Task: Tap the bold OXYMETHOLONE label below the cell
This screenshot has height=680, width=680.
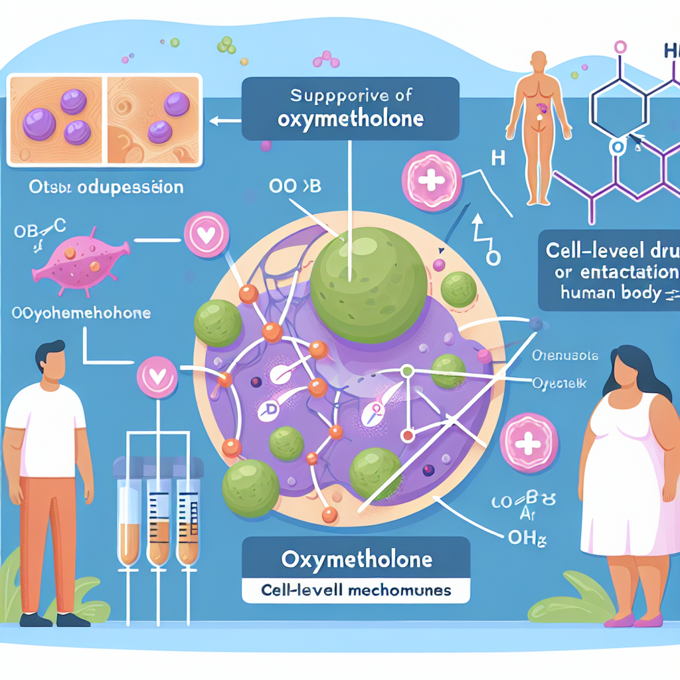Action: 357,559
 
